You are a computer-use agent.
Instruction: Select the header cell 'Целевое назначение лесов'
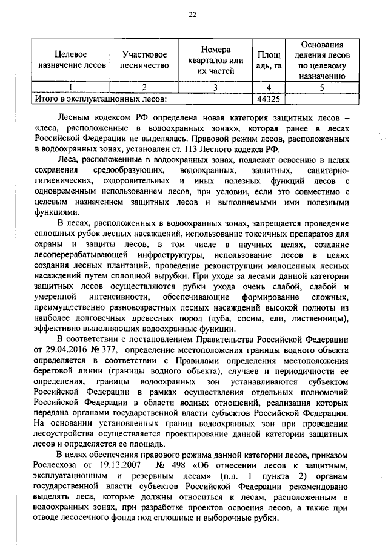tap(71, 59)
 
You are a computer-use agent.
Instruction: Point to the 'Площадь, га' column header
tap(268, 59)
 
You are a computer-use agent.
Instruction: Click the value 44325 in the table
tap(268, 97)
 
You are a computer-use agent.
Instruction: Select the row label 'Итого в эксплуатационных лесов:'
tap(99, 97)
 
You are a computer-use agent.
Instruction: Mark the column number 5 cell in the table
tap(322, 87)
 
